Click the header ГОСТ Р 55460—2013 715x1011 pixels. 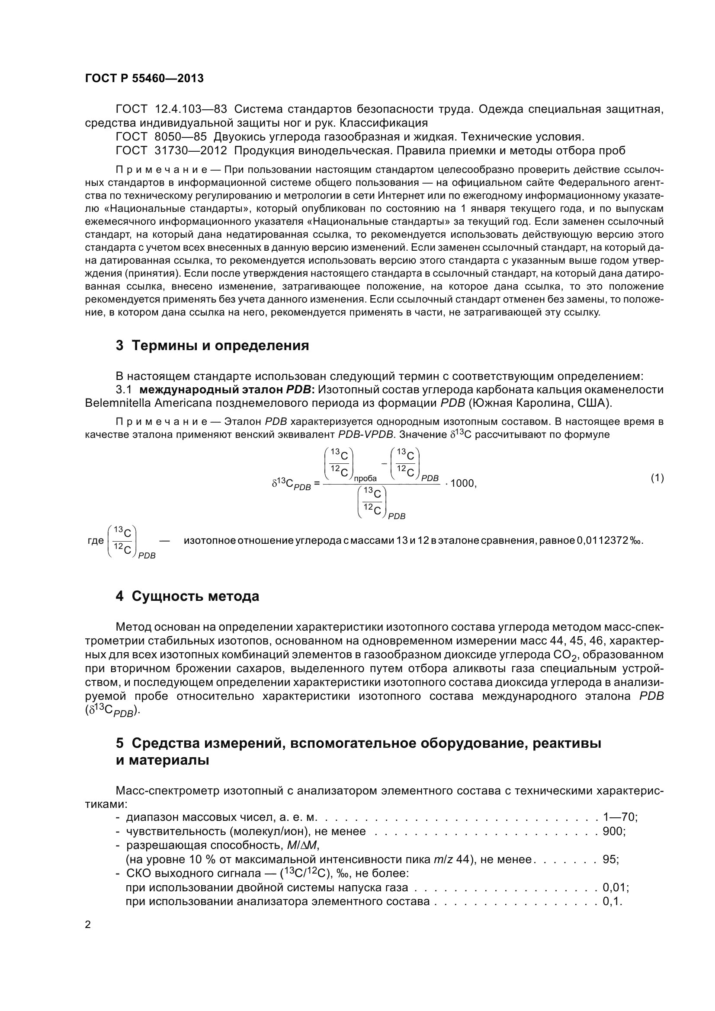(x=144, y=78)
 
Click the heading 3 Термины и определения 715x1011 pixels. (x=212, y=346)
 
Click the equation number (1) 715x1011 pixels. (x=657, y=478)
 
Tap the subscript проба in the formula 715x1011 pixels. (x=365, y=478)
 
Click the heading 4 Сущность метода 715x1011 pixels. (x=187, y=596)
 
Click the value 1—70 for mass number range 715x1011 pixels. (x=619, y=817)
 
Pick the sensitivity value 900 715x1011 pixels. (x=613, y=831)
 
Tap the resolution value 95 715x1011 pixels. (x=609, y=859)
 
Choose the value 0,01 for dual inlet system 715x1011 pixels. (x=615, y=887)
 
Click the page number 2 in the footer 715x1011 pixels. (x=88, y=925)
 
